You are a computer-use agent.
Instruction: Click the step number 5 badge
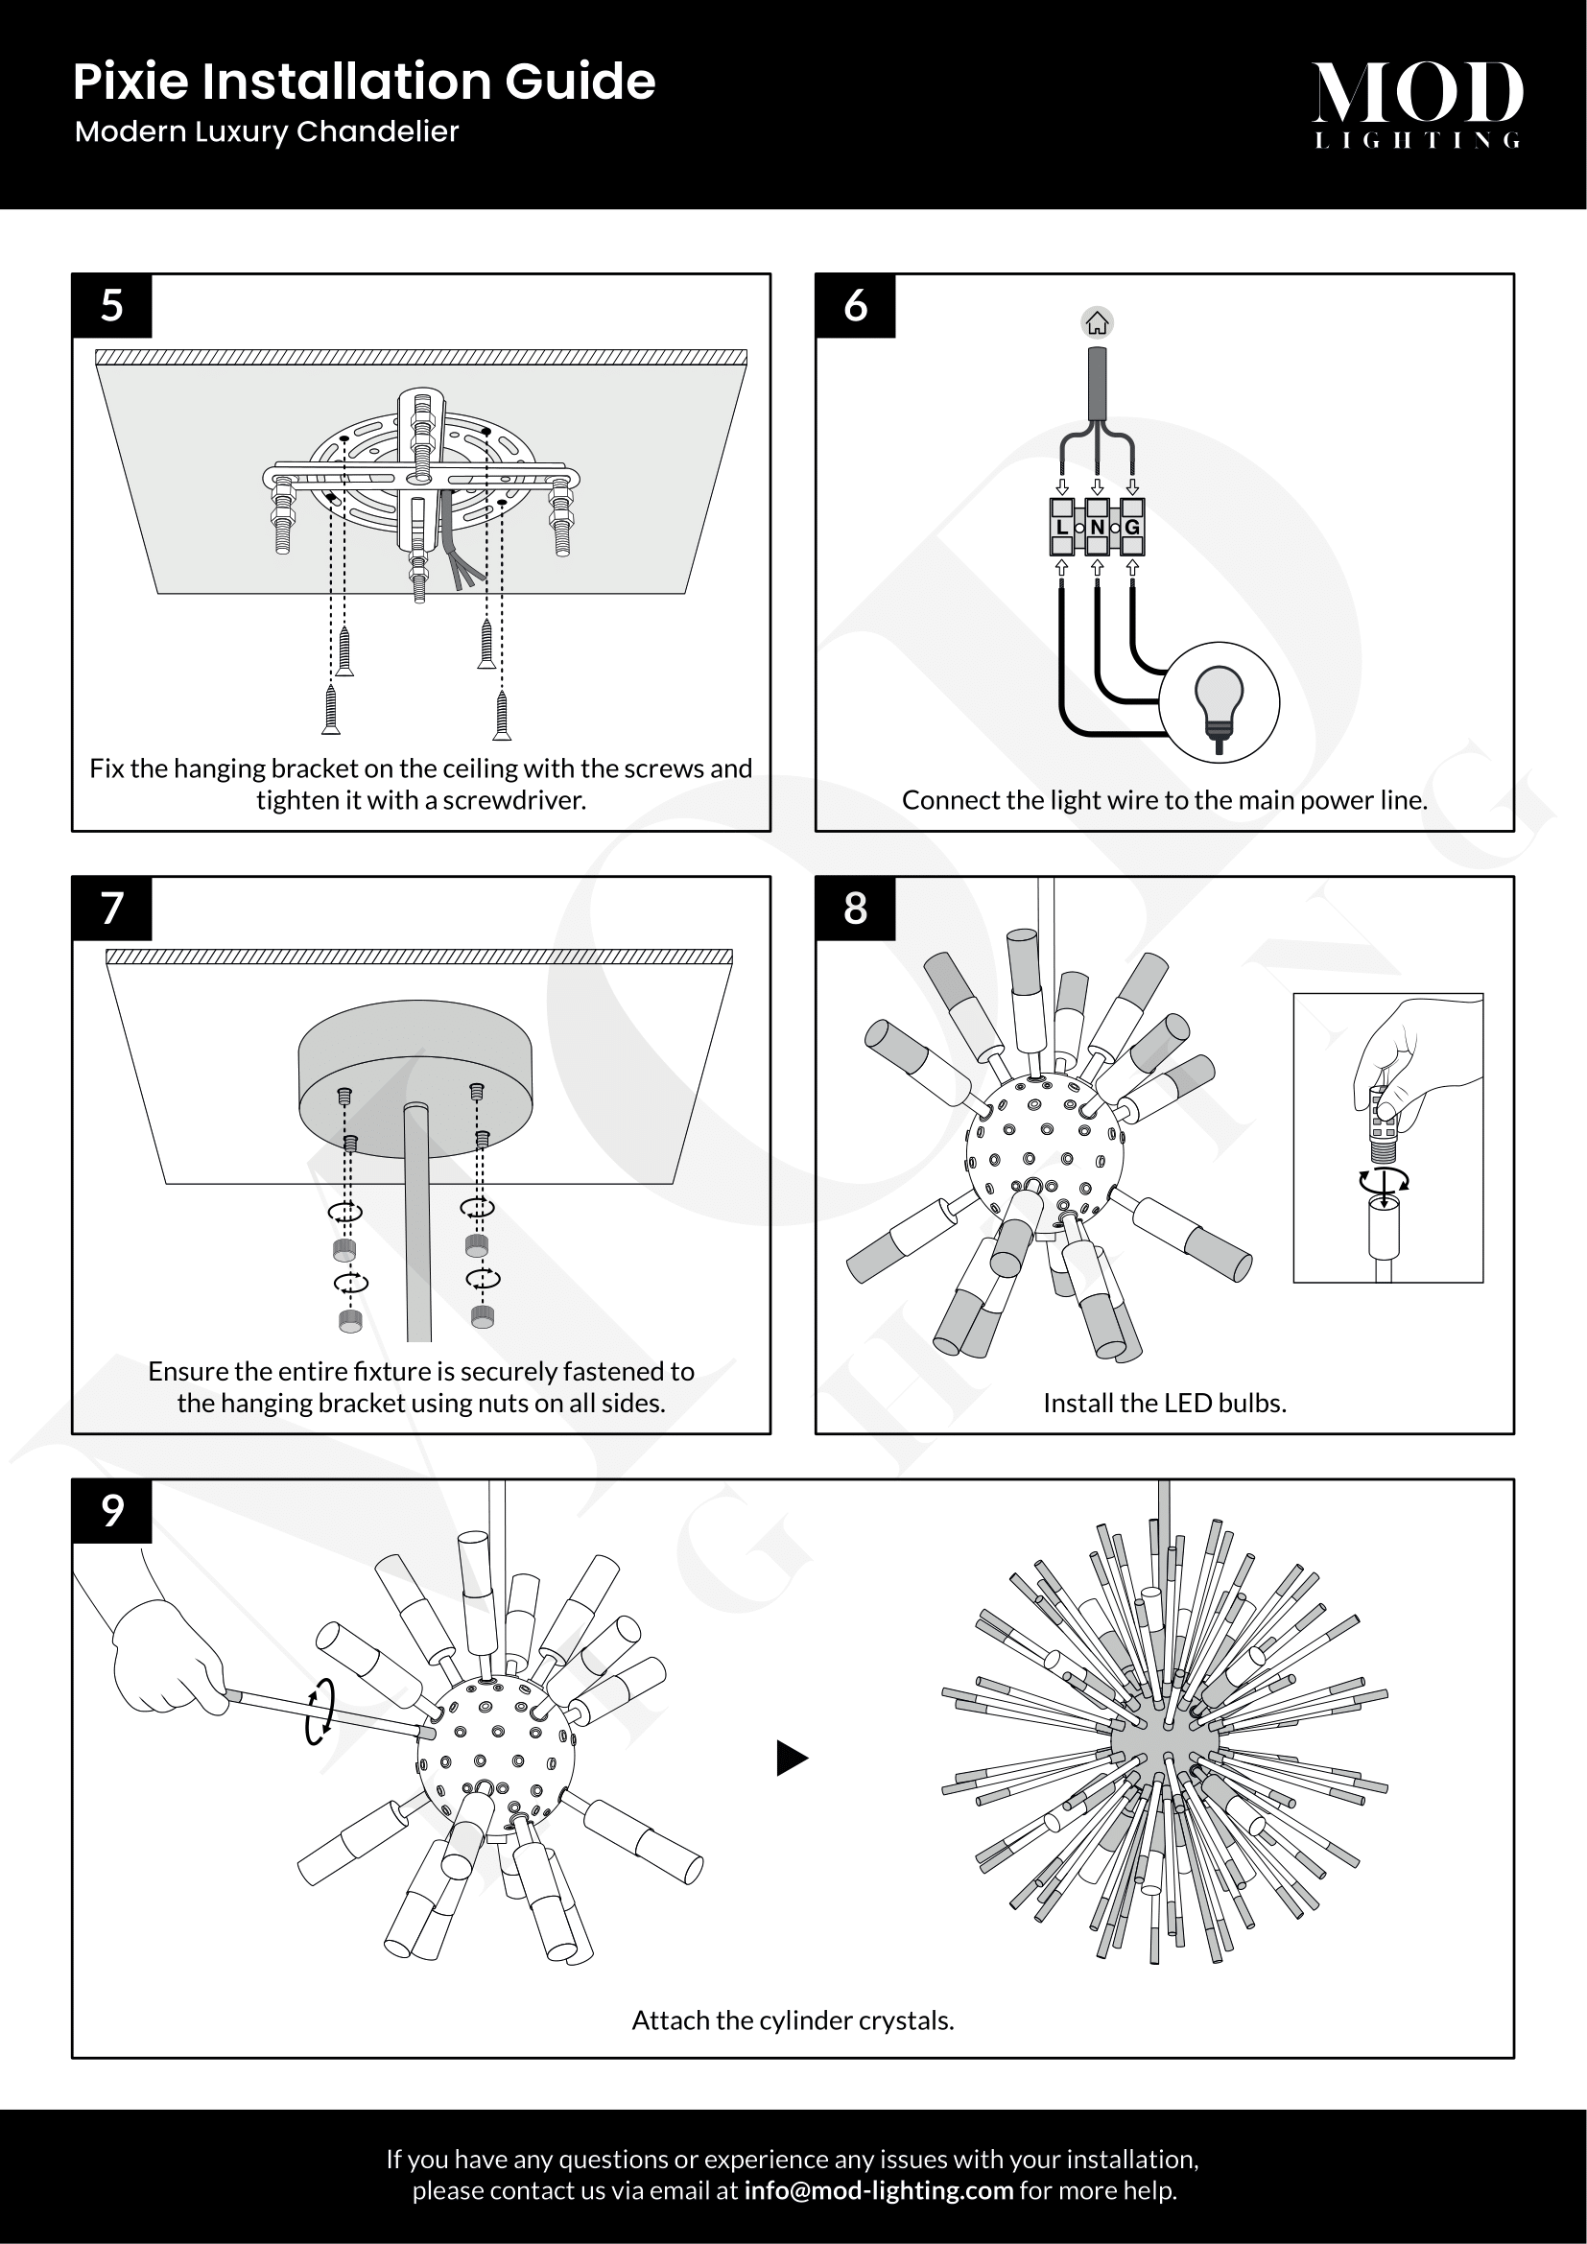point(111,306)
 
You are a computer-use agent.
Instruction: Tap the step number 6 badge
point(855,306)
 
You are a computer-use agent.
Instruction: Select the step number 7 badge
point(111,908)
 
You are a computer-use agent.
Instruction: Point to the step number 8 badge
point(855,908)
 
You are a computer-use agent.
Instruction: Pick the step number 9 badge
point(111,1511)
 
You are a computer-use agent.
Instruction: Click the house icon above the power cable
point(1098,322)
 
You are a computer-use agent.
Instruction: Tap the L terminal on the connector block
point(1062,528)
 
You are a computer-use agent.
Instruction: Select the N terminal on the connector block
point(1098,528)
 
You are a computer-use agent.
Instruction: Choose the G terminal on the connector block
point(1132,528)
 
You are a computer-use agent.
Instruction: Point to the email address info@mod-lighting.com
point(878,2190)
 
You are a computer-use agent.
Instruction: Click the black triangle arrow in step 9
point(792,1759)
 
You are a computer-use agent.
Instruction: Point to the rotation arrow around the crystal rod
point(320,1712)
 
